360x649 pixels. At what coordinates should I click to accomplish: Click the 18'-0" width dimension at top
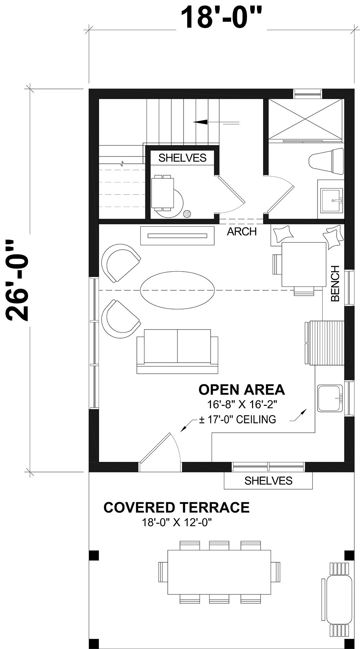click(x=220, y=18)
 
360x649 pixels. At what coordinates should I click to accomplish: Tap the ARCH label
click(x=242, y=232)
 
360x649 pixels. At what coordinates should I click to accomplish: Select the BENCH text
click(x=335, y=283)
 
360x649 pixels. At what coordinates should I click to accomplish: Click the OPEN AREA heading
click(x=242, y=390)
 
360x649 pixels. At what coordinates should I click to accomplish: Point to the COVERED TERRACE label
click(x=176, y=508)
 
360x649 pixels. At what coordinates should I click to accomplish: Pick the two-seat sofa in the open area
click(x=177, y=351)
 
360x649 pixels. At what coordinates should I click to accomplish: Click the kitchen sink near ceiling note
click(x=329, y=398)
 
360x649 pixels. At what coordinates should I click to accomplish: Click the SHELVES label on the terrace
click(x=268, y=480)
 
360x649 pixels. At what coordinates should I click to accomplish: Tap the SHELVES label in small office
click(x=183, y=158)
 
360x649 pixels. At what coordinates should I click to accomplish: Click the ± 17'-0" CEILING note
click(x=238, y=419)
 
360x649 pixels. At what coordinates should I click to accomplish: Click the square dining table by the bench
click(x=303, y=264)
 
